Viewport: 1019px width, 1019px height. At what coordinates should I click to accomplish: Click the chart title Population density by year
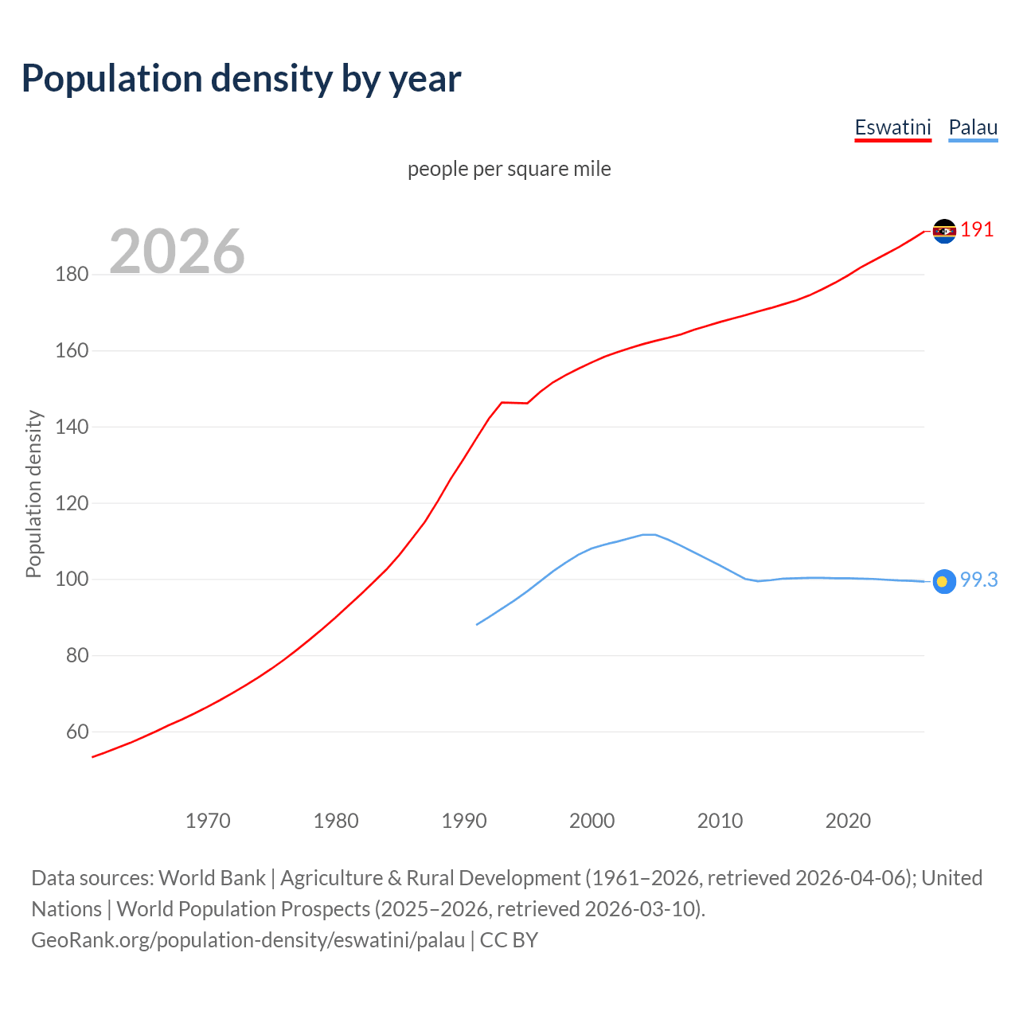(241, 79)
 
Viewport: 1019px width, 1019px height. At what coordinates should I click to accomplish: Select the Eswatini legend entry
(892, 127)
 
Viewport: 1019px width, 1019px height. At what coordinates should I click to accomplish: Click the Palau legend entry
(973, 127)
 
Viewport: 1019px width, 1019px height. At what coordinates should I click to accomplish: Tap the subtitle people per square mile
(509, 169)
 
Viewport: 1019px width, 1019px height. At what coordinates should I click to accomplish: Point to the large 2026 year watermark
(177, 252)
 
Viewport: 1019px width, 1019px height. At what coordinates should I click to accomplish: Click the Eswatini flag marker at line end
(944, 231)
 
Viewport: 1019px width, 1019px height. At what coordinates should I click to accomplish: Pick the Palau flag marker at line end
(944, 582)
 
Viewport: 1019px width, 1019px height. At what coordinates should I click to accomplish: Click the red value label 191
(977, 230)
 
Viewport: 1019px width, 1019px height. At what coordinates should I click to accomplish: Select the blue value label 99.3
(978, 580)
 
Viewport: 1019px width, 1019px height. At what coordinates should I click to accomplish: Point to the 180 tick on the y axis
(72, 275)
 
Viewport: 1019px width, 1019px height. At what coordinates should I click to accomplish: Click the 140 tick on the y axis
(72, 428)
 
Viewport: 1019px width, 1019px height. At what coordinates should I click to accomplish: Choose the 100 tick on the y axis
(72, 580)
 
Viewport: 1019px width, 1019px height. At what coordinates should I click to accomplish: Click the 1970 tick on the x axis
(208, 821)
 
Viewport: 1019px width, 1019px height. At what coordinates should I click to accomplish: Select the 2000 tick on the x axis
(591, 821)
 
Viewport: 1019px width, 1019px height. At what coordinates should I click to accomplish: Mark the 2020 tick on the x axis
(848, 821)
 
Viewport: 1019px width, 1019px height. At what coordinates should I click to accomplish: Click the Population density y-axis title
(33, 494)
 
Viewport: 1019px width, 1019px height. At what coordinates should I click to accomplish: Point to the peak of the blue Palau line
(649, 534)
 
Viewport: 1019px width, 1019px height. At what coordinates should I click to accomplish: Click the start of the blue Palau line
(477, 624)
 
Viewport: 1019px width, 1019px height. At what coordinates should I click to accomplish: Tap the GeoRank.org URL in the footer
(248, 940)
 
